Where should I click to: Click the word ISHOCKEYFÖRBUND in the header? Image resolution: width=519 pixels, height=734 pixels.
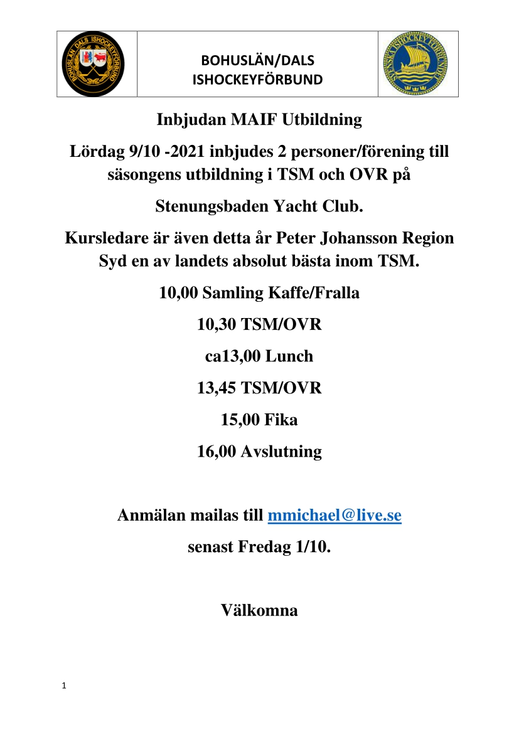pos(257,80)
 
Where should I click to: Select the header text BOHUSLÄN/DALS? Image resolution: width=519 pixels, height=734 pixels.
pos(257,61)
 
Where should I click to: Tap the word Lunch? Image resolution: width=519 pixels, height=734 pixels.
pos(289,356)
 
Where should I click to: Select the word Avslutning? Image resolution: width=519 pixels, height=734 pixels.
pos(281,451)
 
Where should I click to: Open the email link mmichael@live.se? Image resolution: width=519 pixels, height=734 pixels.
pos(334,516)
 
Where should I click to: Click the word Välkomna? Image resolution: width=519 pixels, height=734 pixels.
pos(259,610)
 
